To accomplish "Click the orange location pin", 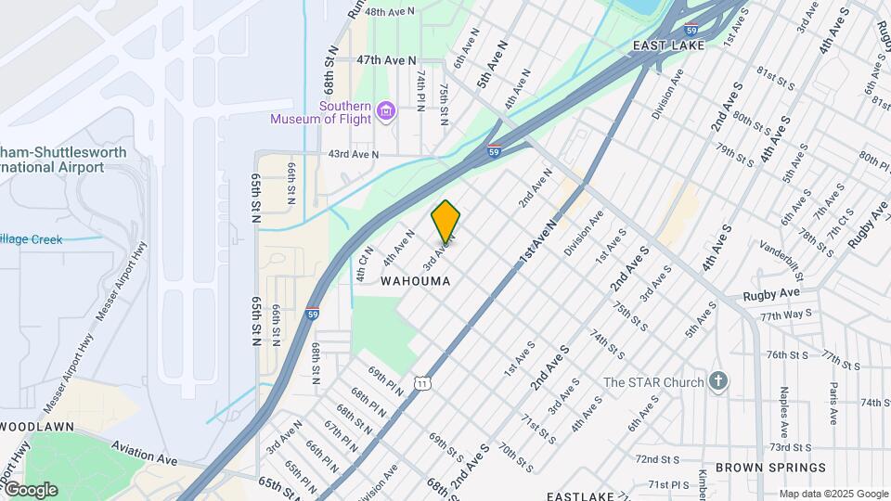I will tap(445, 221).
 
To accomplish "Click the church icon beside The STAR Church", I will tap(717, 381).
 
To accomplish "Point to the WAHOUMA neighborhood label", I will tap(416, 280).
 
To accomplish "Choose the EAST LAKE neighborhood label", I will tap(670, 45).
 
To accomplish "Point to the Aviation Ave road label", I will tap(144, 453).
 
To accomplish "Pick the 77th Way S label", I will tap(786, 316).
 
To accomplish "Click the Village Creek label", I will tap(31, 239).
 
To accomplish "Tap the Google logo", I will tap(30, 490).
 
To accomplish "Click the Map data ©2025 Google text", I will tap(833, 494).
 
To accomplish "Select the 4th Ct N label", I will tap(363, 263).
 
